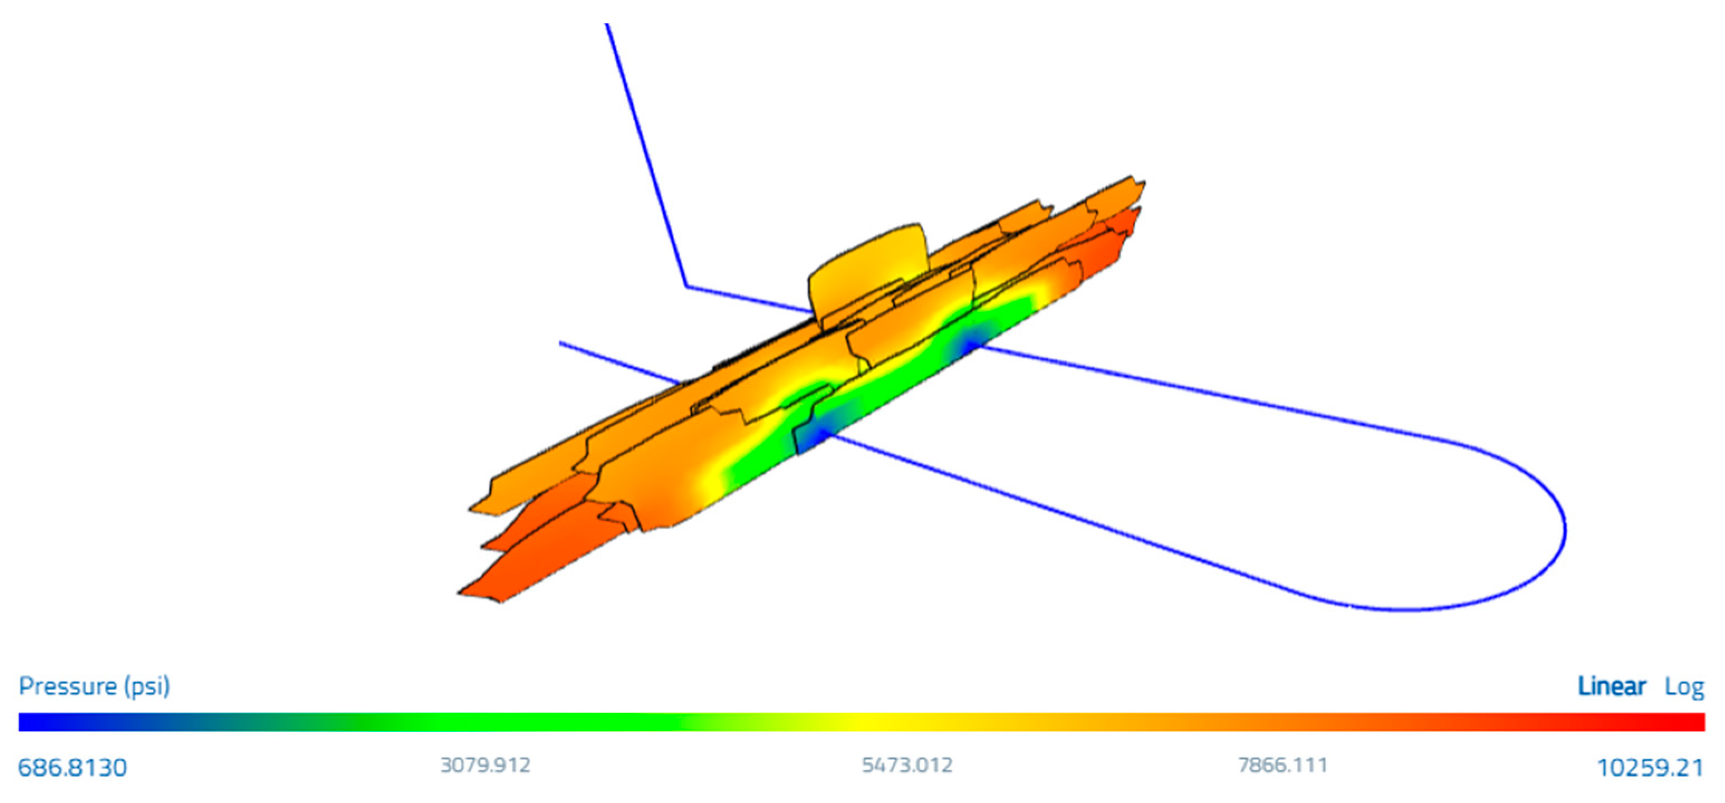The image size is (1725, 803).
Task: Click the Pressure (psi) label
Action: (x=94, y=686)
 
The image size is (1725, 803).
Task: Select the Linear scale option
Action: (x=1611, y=686)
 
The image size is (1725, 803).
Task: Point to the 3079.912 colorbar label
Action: (x=485, y=765)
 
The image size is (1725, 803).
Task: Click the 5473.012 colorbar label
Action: (x=907, y=765)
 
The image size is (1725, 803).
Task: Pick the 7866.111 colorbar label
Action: (x=1282, y=765)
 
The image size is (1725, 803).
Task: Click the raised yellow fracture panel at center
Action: (x=869, y=274)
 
